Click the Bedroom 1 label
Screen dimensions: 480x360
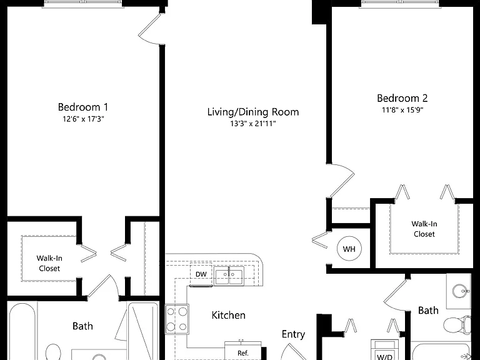(x=83, y=107)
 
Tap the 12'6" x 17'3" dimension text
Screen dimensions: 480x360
(x=83, y=119)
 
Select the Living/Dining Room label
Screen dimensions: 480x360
(x=253, y=112)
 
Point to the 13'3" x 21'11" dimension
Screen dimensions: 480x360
(x=253, y=124)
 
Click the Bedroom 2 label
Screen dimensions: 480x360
(x=402, y=98)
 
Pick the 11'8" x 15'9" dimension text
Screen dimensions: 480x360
(x=402, y=110)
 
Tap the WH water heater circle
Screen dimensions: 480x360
(x=349, y=249)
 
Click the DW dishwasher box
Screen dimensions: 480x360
(x=201, y=274)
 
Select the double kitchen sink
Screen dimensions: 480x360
(x=229, y=276)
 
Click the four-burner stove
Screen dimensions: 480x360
(x=177, y=319)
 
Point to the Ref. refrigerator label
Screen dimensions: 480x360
(x=243, y=353)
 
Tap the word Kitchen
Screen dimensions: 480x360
(x=229, y=315)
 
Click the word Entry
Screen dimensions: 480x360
(x=293, y=334)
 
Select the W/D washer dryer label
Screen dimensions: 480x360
(x=385, y=357)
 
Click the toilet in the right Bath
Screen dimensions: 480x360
(x=457, y=324)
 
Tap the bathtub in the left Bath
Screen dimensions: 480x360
(x=22, y=331)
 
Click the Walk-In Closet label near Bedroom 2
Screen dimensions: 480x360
(x=424, y=229)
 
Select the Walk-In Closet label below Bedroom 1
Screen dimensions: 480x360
(x=49, y=263)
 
